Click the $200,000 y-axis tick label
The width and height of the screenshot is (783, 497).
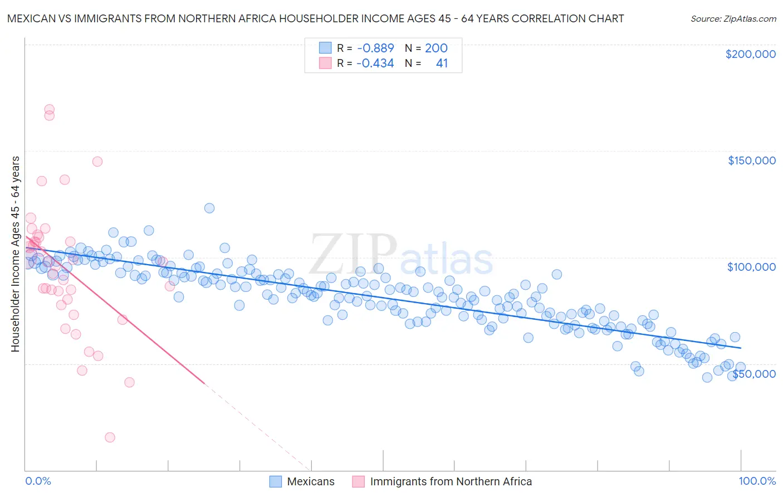(x=750, y=54)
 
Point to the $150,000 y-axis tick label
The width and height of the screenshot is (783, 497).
(x=751, y=160)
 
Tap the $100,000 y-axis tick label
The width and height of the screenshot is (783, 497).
(x=751, y=267)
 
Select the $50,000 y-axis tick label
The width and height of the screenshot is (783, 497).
(x=753, y=373)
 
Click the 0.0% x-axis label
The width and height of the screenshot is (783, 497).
(x=38, y=481)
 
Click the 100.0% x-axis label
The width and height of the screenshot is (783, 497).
(x=757, y=481)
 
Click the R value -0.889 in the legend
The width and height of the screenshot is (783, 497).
(x=375, y=48)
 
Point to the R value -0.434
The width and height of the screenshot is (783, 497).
(x=375, y=63)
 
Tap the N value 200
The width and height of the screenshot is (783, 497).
(x=436, y=48)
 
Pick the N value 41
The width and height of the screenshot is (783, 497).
(x=442, y=63)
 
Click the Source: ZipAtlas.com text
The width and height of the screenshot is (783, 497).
(x=733, y=18)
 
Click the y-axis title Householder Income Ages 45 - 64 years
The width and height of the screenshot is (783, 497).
(x=15, y=254)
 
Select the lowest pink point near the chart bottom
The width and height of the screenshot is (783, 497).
(x=110, y=437)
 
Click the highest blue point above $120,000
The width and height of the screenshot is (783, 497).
(x=209, y=208)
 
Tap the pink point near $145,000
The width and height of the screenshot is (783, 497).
(x=97, y=162)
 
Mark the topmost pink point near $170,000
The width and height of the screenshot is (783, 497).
(x=49, y=109)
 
